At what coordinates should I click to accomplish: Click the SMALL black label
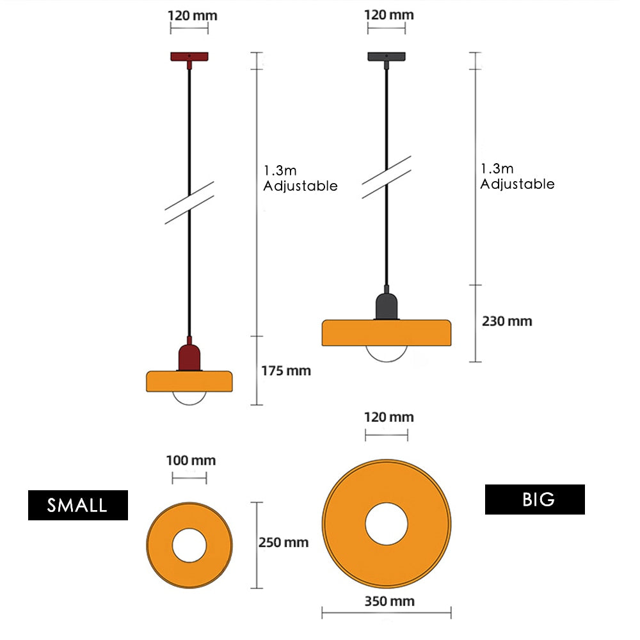(x=77, y=505)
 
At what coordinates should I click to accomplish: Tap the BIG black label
(x=534, y=499)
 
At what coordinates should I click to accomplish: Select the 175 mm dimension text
(x=285, y=371)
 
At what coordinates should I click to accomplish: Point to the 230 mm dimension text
(x=506, y=321)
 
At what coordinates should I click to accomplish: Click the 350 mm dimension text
(x=389, y=601)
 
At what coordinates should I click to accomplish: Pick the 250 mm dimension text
(x=283, y=543)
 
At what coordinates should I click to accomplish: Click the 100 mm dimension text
(x=191, y=460)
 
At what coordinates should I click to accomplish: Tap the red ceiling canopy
(x=189, y=56)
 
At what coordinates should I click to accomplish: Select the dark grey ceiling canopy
(x=386, y=56)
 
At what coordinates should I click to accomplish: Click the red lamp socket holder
(x=189, y=356)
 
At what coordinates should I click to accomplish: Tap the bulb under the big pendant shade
(x=386, y=354)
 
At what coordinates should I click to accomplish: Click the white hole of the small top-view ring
(x=189, y=545)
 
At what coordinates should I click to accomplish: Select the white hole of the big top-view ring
(x=387, y=524)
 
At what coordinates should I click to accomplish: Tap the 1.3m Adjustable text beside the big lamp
(x=517, y=176)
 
